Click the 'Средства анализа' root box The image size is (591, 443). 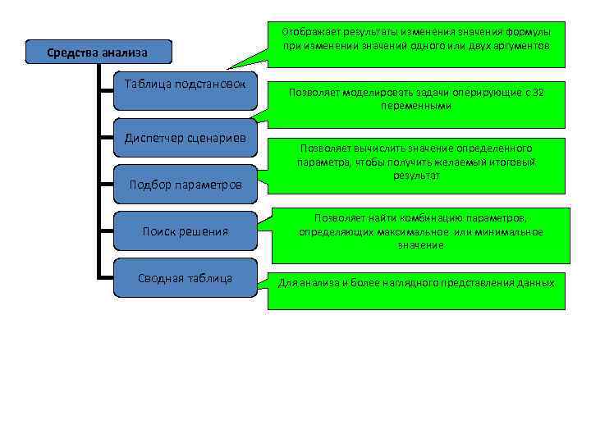(x=98, y=53)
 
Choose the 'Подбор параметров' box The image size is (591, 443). (x=185, y=185)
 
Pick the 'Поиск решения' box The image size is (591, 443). (x=185, y=231)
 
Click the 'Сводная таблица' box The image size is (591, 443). (x=185, y=278)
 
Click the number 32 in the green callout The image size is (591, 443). (x=538, y=93)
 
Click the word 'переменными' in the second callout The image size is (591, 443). (x=416, y=107)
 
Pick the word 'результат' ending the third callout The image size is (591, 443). (x=416, y=176)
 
